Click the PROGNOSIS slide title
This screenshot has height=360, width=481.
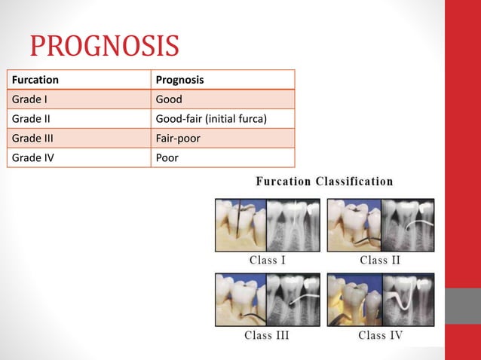coord(104,45)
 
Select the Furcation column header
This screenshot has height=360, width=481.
coord(35,79)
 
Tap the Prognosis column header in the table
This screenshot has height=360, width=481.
coord(179,79)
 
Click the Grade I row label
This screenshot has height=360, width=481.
coord(30,99)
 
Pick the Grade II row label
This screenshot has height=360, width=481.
coord(32,118)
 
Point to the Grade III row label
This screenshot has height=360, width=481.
coord(33,138)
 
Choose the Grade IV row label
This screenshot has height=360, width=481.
coord(32,157)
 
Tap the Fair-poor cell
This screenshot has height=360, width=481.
coord(177,138)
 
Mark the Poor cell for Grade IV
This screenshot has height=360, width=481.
coord(167,157)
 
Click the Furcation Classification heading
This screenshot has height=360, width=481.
coord(324,182)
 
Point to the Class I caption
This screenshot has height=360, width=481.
coord(268,261)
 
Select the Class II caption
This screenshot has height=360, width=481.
coord(381,261)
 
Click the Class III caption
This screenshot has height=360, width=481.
coord(268,334)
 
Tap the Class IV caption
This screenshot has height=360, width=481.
coord(381,334)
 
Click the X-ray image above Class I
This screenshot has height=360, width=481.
coord(293,224)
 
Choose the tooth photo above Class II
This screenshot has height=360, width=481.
coord(354,224)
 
